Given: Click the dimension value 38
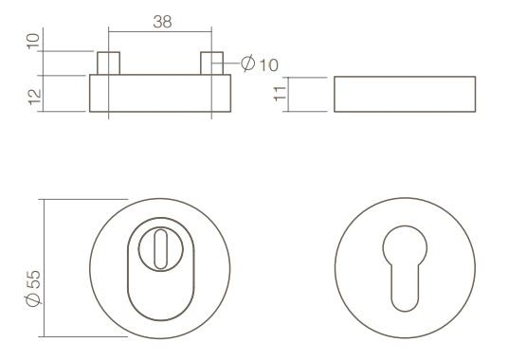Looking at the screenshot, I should click(x=162, y=22).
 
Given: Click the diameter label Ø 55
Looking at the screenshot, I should click(x=33, y=288).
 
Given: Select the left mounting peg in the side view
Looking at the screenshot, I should click(x=109, y=63).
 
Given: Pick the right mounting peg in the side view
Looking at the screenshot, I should click(x=213, y=63).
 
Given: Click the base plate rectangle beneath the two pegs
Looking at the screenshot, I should click(x=161, y=94).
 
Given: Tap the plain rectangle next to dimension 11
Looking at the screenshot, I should click(x=405, y=94).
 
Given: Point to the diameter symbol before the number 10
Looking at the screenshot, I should click(x=246, y=64).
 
